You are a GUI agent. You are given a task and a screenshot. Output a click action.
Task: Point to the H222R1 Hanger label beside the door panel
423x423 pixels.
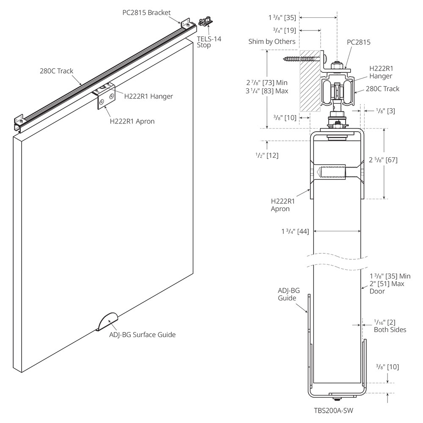pos(148,96)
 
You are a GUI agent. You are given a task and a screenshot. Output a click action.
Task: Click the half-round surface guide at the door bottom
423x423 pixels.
pos(107,321)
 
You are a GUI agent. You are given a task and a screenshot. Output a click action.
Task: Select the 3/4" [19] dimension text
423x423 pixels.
pos(285,30)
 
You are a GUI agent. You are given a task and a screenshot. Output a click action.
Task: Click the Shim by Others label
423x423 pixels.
pos(272,41)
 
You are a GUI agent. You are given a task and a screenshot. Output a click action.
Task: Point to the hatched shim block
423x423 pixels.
pos(309,82)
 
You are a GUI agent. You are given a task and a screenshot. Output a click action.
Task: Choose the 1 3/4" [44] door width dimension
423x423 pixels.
pos(295,231)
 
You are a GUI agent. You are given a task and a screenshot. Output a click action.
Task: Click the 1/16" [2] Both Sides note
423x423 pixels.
pos(390,326)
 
